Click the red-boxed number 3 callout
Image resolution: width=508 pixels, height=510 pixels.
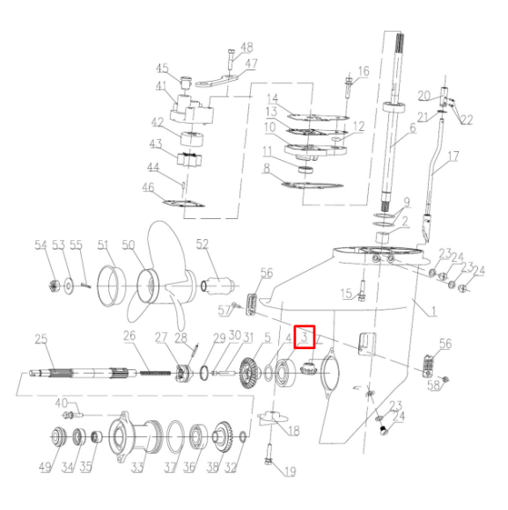(x=305, y=335)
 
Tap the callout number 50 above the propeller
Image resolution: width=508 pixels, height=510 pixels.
(x=129, y=244)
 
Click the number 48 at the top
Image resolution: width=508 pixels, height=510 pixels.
(x=246, y=47)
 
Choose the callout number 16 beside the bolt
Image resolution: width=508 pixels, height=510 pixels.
(x=364, y=71)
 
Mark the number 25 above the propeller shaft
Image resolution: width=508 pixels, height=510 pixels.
(x=40, y=339)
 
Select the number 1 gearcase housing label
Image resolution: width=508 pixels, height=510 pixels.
(x=432, y=309)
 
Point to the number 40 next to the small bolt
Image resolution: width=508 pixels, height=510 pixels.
(x=62, y=403)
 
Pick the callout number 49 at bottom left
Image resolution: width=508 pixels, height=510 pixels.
(x=44, y=466)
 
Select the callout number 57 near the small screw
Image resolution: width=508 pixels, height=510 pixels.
(x=225, y=309)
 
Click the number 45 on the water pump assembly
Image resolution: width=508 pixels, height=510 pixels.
(x=162, y=68)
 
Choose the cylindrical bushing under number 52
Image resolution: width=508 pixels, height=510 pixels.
(x=217, y=285)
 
